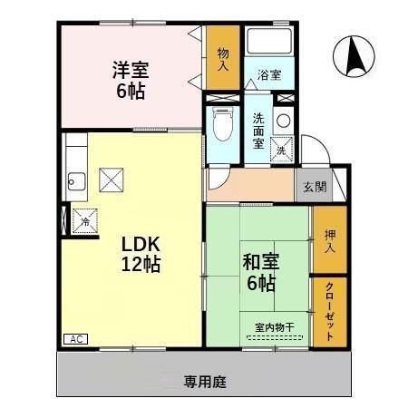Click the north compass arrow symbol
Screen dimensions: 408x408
(353, 56)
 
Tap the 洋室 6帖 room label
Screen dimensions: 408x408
(131, 79)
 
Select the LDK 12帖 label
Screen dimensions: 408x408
(142, 255)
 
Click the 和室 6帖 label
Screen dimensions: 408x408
(260, 271)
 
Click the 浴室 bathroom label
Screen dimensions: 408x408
(269, 75)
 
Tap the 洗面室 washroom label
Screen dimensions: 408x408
(258, 129)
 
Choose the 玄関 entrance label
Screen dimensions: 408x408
(315, 188)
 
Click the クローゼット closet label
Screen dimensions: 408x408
(330, 310)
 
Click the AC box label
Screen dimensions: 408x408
(75, 338)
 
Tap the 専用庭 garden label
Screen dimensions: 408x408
(204, 381)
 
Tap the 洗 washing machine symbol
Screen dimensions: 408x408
(281, 147)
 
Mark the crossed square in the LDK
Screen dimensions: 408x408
(112, 178)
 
